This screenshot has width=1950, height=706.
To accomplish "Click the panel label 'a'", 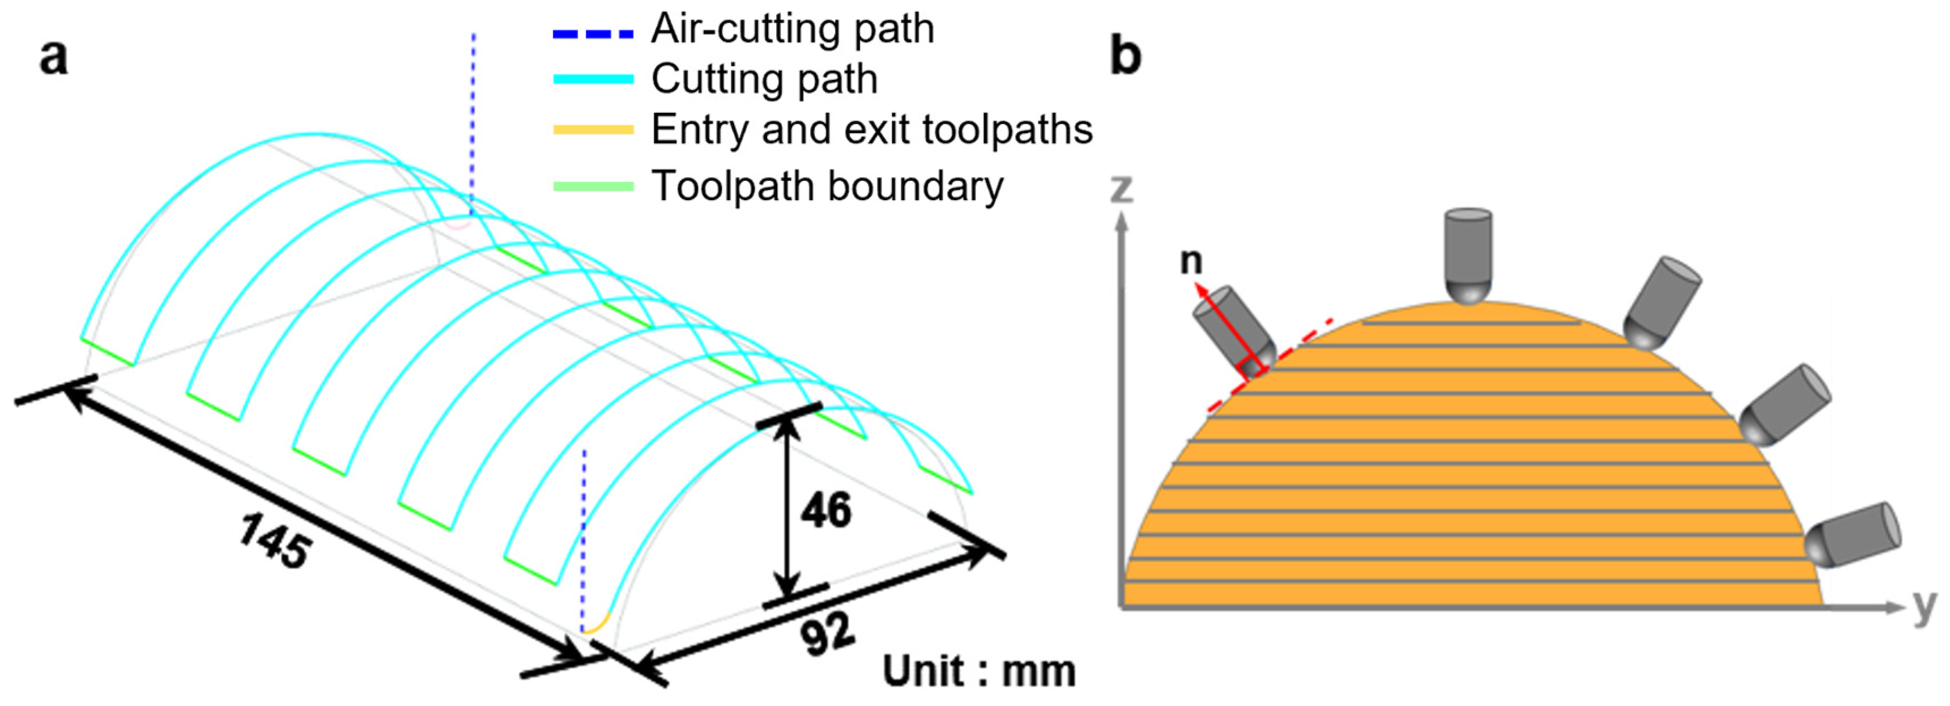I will click(x=53, y=57).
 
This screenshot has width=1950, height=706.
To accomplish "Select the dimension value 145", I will click(x=274, y=540).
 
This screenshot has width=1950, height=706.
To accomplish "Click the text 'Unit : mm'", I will click(x=979, y=671).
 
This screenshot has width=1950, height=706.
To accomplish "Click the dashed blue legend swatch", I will click(x=593, y=33).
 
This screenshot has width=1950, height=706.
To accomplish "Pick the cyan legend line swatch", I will click(x=593, y=79).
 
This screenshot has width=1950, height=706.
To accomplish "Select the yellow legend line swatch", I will click(x=593, y=129).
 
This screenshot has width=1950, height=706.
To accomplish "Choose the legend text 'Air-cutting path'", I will click(x=793, y=29).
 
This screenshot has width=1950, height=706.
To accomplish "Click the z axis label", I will click(x=1121, y=187).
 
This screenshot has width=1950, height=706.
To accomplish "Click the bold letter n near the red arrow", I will click(x=1191, y=261).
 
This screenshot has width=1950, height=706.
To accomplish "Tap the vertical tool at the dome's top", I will click(x=1468, y=255).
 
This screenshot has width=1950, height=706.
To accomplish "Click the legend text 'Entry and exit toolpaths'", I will click(x=872, y=129).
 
